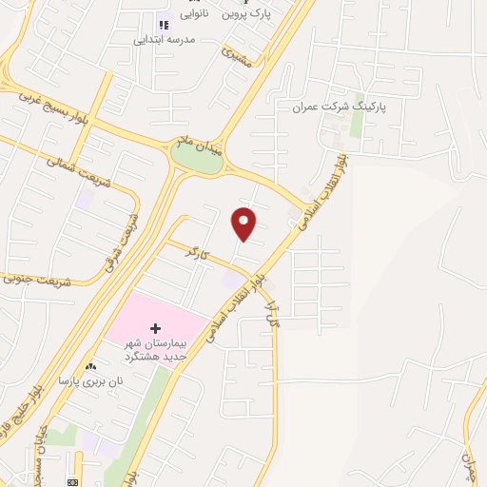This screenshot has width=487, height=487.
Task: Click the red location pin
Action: point(244,224)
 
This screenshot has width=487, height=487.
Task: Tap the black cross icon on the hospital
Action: point(156,328)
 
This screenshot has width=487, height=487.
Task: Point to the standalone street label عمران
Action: point(470,467)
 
